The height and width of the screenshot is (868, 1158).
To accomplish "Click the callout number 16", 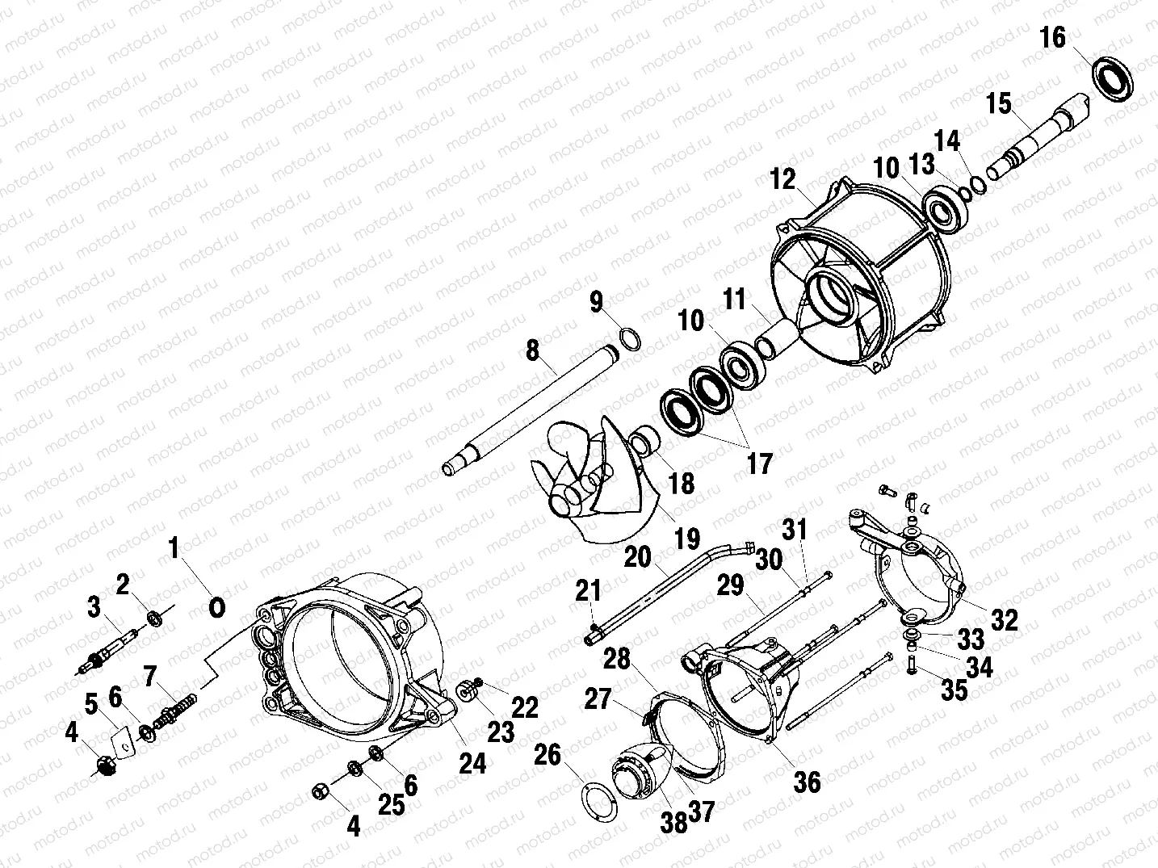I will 1053,38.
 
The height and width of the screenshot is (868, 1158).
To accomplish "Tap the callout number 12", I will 782,180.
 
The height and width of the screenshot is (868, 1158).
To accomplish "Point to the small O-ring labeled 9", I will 631,339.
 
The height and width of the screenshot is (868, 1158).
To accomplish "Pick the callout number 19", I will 688,539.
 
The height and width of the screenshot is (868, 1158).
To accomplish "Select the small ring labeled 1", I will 216,607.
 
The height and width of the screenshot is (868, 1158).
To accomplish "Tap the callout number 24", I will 473,762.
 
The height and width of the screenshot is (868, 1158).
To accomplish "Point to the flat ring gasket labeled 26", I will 598,799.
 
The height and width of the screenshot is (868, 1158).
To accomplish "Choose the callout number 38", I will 674,822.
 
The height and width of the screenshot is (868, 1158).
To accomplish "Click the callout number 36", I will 807,782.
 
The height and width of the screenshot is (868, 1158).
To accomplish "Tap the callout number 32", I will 1005,620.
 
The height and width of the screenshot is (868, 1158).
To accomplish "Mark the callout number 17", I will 760,463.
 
